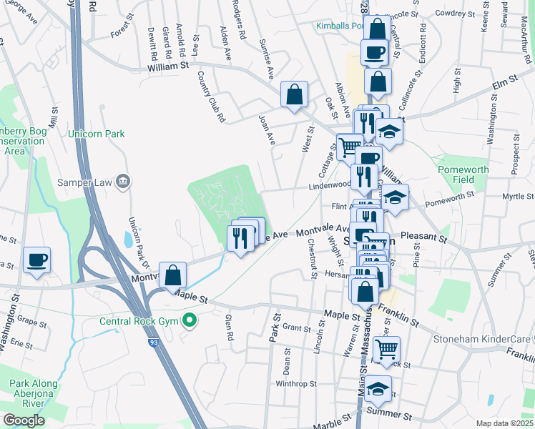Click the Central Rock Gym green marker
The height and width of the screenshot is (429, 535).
[190, 320]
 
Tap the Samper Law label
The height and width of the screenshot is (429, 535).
[85, 182]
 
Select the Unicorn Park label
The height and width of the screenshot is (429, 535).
[96, 134]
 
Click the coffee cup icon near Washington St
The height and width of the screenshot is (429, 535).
[36, 260]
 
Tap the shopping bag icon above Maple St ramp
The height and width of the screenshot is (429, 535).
[172, 275]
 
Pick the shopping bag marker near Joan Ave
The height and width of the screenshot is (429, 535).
[294, 94]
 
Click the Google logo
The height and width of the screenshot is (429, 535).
[24, 420]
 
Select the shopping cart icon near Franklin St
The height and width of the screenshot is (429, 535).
[386, 350]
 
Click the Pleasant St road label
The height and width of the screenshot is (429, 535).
[423, 235]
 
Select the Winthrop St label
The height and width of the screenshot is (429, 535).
[295, 384]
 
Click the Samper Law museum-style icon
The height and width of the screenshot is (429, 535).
[124, 182]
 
